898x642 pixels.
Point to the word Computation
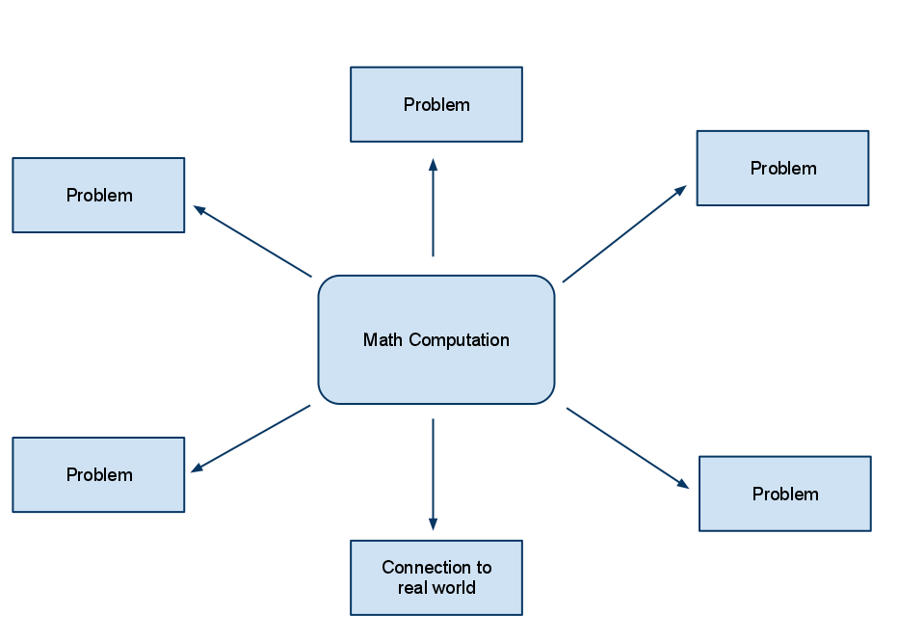click(459, 340)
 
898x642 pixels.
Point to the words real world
click(436, 588)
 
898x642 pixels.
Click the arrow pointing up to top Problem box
click(433, 212)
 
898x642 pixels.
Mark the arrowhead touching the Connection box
click(433, 523)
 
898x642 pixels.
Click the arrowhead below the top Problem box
click(433, 165)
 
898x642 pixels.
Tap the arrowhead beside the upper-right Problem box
click(680, 190)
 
